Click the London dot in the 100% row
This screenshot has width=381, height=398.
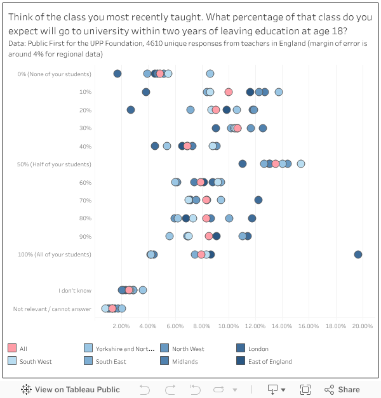[358, 255]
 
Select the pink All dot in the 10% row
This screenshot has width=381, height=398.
[229, 92]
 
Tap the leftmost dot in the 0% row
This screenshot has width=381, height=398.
[117, 74]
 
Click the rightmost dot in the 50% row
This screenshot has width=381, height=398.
[301, 164]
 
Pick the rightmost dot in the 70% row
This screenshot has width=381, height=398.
[258, 200]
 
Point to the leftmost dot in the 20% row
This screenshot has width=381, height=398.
[131, 110]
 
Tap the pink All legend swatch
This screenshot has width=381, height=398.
[12, 348]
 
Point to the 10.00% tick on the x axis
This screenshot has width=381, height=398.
[229, 326]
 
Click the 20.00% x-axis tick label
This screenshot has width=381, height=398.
[363, 326]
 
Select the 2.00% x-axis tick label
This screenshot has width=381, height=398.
[121, 326]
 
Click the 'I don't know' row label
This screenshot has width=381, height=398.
[75, 291]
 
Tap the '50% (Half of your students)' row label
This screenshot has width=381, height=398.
[54, 164]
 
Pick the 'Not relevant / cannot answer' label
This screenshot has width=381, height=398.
[52, 309]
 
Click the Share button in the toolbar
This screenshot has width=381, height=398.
[342, 390]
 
